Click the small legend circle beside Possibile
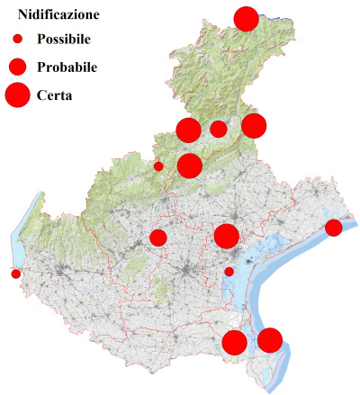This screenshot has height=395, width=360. click(x=17, y=40)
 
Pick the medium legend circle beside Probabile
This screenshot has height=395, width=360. click(x=17, y=67)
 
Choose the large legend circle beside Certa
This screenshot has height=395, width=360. click(x=17, y=94)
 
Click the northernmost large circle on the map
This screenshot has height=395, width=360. click(x=246, y=18)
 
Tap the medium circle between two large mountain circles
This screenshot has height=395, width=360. click(x=218, y=129)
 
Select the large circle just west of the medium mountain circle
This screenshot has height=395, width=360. click(x=188, y=130)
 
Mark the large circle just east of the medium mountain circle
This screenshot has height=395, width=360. click(x=254, y=126)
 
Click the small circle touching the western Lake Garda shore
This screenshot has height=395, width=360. click(x=15, y=274)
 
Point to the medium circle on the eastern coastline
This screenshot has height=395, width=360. click(x=333, y=227)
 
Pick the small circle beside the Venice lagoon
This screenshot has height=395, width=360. click(x=229, y=272)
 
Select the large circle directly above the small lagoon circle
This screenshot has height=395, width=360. click(x=226, y=237)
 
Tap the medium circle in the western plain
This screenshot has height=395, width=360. click(x=158, y=238)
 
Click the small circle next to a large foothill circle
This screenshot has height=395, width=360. click(x=158, y=166)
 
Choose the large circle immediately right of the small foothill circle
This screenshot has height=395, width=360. click(x=189, y=166)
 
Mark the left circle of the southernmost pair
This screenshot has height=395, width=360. click(x=234, y=342)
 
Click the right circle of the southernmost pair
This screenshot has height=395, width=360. click(x=270, y=340)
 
